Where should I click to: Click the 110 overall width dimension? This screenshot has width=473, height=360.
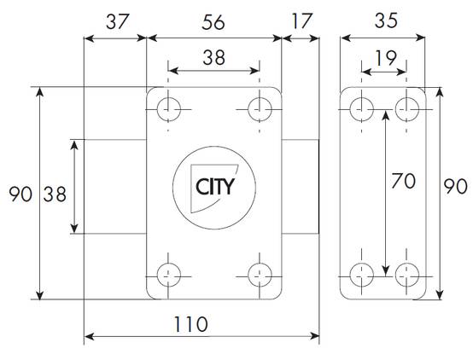[190, 324]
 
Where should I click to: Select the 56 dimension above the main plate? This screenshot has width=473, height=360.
[213, 22]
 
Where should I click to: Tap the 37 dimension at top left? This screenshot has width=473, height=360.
[117, 21]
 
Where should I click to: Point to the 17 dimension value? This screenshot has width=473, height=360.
[301, 21]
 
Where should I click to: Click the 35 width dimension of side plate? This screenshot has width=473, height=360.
[386, 20]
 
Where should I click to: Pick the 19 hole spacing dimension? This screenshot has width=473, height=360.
[386, 58]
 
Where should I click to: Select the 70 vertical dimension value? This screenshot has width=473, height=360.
[403, 181]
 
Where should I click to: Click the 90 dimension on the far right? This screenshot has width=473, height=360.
[456, 186]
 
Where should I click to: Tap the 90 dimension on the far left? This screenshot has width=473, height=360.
[20, 194]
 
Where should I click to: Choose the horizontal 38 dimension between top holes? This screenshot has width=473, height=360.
[214, 58]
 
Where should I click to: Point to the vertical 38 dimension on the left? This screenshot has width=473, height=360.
[55, 194]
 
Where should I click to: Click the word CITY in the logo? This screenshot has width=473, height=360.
[215, 187]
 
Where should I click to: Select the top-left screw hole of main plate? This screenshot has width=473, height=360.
[169, 109]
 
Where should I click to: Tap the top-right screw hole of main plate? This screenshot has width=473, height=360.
[260, 109]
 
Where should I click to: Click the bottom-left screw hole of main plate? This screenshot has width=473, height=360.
[169, 275]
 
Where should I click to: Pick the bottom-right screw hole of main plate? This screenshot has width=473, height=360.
[260, 275]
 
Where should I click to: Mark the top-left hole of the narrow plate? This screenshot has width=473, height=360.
[362, 109]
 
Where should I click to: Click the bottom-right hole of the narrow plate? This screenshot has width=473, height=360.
[407, 275]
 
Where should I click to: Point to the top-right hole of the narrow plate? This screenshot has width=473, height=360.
[407, 109]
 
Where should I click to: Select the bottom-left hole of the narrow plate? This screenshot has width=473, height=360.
[362, 275]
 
